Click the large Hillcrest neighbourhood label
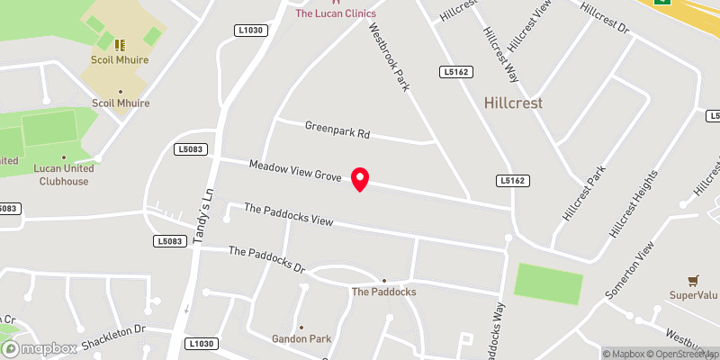[513, 103]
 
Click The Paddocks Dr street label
[267, 260]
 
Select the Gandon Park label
[301, 339]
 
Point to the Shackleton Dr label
[113, 338]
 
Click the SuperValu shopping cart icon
[692, 281]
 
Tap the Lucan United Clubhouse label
[61, 175]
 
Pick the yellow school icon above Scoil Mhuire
[119, 43]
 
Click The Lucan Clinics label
[336, 13]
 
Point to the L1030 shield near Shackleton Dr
[203, 344]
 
